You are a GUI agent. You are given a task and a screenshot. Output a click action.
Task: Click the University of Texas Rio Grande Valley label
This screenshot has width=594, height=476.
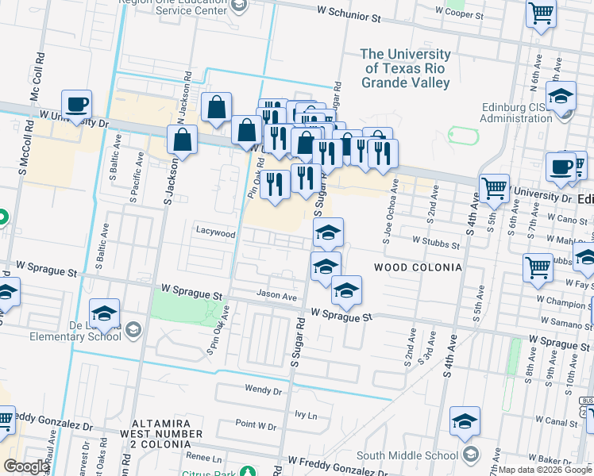click(405, 68)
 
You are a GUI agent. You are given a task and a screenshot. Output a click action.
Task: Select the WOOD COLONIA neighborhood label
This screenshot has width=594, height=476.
click(414, 267)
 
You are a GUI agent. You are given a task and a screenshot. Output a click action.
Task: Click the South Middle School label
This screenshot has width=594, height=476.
click(407, 455)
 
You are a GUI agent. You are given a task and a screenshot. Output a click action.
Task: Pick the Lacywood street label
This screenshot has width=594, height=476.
click(216, 233)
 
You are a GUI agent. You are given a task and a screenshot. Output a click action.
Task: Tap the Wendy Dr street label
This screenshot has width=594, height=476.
click(264, 390)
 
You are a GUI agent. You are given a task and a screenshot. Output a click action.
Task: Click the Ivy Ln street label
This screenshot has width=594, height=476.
click(306, 415)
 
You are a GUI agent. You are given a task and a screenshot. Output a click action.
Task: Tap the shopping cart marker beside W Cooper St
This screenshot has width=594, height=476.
click(541, 14)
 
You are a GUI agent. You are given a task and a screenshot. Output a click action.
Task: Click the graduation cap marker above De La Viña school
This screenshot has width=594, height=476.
click(104, 313)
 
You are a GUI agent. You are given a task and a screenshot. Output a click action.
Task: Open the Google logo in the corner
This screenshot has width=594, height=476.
click(25, 466)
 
